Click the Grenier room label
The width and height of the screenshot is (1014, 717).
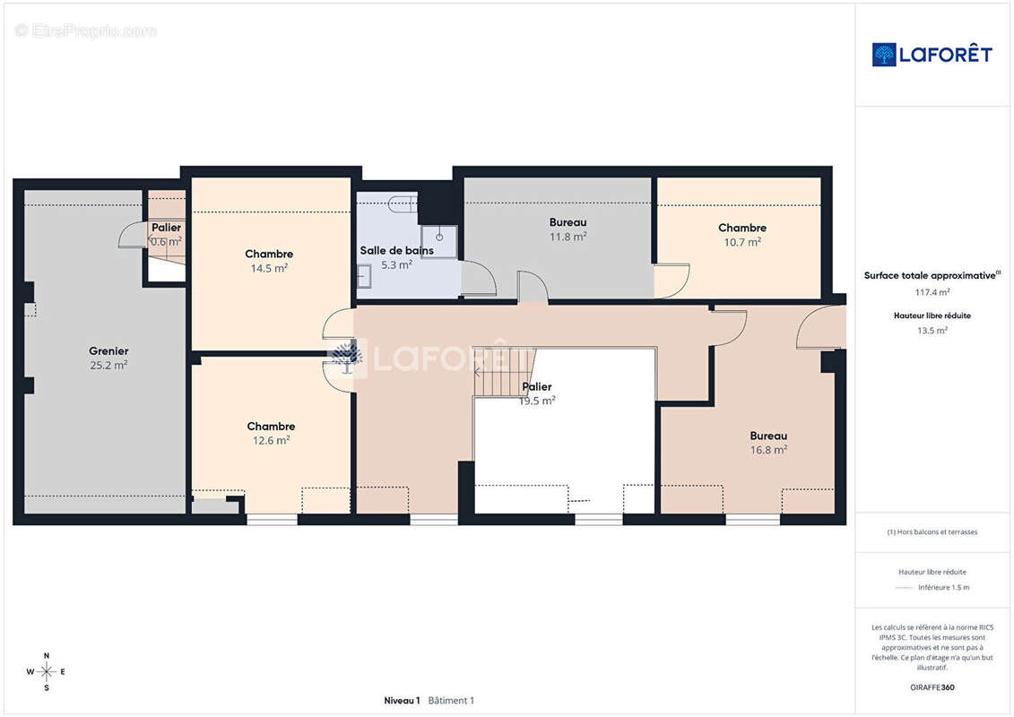tap(108, 351)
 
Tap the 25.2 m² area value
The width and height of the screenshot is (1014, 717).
tap(108, 366)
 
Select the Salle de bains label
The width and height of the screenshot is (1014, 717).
tap(396, 250)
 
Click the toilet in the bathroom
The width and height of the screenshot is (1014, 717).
tap(403, 203)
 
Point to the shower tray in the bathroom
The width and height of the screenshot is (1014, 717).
tap(439, 241)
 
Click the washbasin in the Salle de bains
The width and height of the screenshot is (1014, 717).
tap(364, 277)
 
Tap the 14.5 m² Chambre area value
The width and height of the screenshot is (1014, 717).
tap(269, 268)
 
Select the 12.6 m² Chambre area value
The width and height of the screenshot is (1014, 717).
tap(271, 440)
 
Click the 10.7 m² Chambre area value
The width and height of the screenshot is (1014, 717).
tap(742, 242)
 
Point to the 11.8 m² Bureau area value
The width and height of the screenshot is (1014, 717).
tap(568, 237)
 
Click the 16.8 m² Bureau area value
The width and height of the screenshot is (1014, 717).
tap(768, 450)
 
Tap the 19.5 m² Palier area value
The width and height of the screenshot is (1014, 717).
tap(537, 401)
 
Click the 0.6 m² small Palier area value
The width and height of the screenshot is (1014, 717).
tap(166, 241)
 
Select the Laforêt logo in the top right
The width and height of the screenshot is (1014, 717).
tap(932, 55)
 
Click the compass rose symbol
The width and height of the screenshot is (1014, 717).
tap(46, 672)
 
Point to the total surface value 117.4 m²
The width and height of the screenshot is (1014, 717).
tap(932, 292)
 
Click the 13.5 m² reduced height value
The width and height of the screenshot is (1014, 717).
tap(932, 331)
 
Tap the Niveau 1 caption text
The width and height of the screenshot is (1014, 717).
tap(402, 700)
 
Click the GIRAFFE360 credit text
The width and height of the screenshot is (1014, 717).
tap(932, 687)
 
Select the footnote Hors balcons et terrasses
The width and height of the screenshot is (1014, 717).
tap(932, 532)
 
